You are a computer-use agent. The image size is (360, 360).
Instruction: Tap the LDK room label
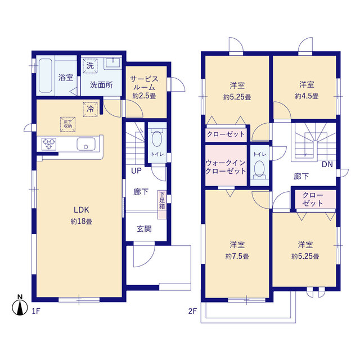tap(81, 210)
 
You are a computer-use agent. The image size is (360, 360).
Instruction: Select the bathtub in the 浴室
tap(46, 75)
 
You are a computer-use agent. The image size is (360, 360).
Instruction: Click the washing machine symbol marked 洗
tap(90, 66)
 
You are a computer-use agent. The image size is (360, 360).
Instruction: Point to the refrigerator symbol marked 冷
tap(90, 109)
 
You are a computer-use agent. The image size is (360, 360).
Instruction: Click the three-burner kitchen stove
tap(49, 144)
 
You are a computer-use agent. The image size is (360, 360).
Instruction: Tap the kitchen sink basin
tap(86, 144)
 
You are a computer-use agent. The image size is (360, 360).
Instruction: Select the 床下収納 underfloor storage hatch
tap(67, 124)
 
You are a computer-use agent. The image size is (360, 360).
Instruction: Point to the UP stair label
tap(136, 171)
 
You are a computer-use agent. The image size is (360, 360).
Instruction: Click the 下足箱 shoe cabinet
tap(162, 204)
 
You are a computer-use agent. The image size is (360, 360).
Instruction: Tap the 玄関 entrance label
tap(144, 229)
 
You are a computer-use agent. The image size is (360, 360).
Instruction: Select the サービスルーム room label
tap(144, 83)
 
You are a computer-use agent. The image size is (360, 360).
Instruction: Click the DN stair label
tap(327, 164)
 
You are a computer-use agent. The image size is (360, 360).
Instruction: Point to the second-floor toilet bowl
tap(259, 169)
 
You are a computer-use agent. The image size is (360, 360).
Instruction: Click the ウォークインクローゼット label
tap(226, 167)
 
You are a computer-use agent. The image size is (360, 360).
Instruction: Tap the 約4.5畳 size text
tap(307, 96)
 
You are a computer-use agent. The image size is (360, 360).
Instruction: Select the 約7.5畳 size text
tap(237, 256)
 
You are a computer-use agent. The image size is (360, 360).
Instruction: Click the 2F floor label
tap(192, 311)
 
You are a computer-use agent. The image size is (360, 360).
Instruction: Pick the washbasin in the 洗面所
tap(112, 64)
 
